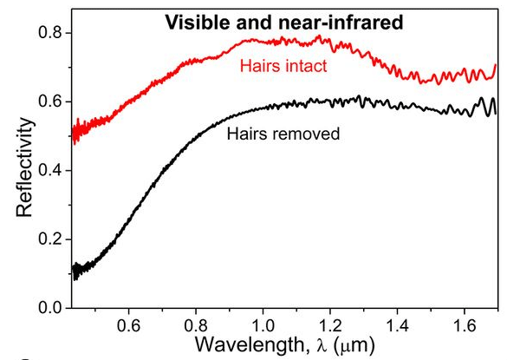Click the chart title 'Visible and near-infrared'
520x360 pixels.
tap(284, 23)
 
